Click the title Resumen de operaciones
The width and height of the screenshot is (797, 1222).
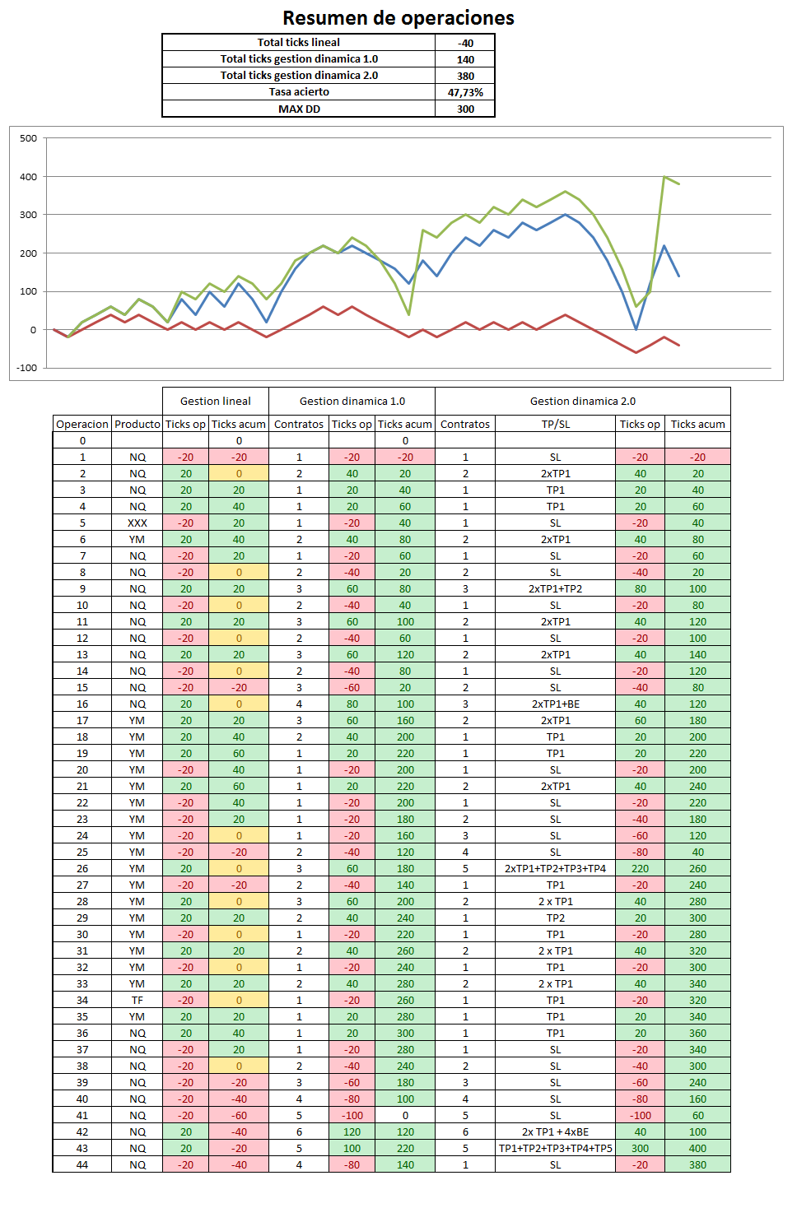(x=398, y=18)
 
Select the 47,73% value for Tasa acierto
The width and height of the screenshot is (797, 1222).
(x=465, y=92)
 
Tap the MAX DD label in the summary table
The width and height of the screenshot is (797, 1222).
(x=299, y=109)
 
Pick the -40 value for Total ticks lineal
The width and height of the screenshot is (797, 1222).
(x=465, y=43)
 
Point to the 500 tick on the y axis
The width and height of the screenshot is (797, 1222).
(x=29, y=138)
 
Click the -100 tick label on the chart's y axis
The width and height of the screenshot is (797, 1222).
(x=27, y=368)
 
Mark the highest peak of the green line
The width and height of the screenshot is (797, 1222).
(x=664, y=177)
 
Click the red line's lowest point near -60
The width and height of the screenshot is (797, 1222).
(x=636, y=352)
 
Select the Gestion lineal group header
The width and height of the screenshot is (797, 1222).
(x=216, y=401)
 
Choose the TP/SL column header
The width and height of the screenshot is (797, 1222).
(x=556, y=424)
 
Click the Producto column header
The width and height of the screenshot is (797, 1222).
(x=137, y=424)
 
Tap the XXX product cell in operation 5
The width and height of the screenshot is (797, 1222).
(x=137, y=523)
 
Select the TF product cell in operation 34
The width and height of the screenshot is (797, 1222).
(x=137, y=1000)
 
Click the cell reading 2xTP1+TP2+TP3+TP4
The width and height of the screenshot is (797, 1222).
(x=556, y=868)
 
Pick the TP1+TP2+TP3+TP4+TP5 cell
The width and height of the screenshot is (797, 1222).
(x=556, y=1148)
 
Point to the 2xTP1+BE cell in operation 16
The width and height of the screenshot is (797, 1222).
(x=556, y=704)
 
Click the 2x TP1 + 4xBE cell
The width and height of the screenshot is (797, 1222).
(x=556, y=1131)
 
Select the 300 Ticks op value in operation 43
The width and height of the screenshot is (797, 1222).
(x=641, y=1148)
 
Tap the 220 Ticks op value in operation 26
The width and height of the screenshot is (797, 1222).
(x=641, y=868)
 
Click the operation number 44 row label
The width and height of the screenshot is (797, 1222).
(x=82, y=1164)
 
